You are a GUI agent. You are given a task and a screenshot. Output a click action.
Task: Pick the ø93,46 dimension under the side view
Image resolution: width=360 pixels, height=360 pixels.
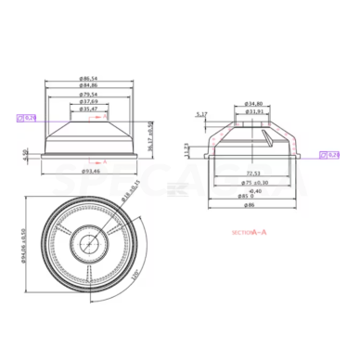pos(90,172)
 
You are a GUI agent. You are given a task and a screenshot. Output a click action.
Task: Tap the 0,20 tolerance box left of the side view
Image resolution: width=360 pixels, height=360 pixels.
pos(26,118)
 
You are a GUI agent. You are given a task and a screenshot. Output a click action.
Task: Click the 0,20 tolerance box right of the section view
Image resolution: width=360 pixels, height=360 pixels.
pos(329,155)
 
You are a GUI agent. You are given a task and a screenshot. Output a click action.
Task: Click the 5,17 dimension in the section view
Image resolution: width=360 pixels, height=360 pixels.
pos(202,114)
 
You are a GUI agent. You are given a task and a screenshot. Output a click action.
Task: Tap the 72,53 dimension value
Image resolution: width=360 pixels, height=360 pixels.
pos(251,174)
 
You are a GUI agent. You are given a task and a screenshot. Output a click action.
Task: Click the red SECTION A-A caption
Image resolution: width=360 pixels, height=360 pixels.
pos(249,231)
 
